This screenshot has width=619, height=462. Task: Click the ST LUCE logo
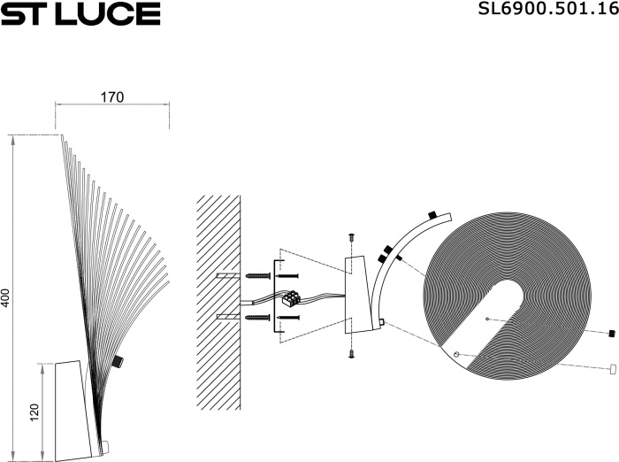[x=80, y=14]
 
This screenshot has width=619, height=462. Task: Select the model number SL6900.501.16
[x=548, y=8]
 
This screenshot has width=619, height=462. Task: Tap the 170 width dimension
[x=112, y=97]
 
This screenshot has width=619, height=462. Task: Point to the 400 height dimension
[x=4, y=298]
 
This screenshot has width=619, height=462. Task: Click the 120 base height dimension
[x=34, y=412]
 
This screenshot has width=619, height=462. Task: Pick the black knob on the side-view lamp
[x=118, y=361]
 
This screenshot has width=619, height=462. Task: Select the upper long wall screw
[x=258, y=275]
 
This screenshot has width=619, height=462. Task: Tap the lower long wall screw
[x=258, y=317]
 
